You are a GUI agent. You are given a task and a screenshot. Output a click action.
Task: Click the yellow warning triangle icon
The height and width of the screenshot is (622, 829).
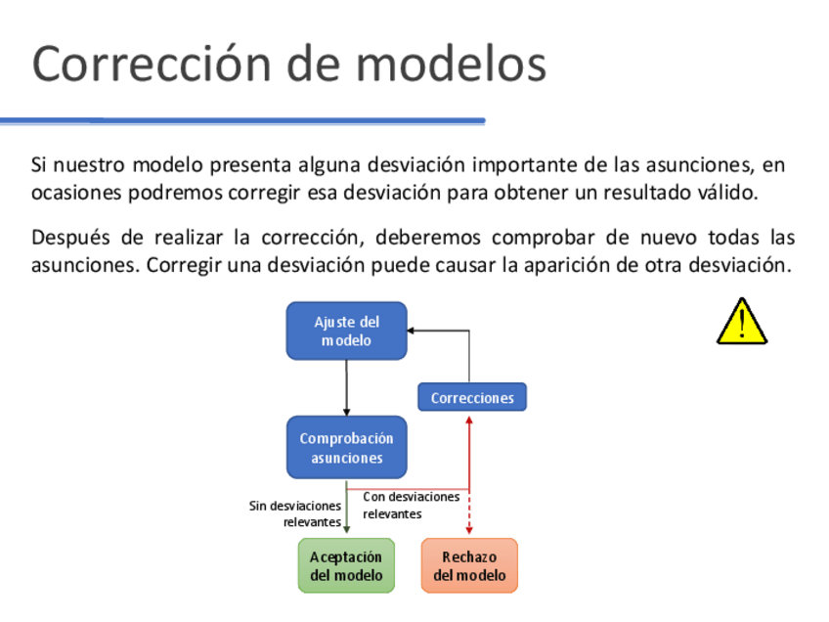click(741, 323)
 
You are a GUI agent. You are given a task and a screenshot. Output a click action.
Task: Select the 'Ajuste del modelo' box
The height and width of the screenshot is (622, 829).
click(346, 331)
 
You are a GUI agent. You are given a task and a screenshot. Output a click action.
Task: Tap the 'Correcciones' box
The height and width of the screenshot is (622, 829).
click(472, 397)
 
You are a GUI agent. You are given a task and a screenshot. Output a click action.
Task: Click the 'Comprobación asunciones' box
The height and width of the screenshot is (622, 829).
click(346, 448)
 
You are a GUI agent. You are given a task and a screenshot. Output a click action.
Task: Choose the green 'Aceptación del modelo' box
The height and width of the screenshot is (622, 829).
click(346, 565)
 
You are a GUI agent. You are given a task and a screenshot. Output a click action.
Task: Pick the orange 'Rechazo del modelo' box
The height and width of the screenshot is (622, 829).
click(469, 565)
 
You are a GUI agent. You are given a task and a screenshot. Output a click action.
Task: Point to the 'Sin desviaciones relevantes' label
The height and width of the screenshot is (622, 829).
click(295, 513)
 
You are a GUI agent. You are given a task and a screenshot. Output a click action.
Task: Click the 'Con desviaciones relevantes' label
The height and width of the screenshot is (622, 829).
click(411, 505)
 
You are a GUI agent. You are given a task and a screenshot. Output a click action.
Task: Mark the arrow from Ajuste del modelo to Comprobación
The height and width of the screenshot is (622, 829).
click(346, 387)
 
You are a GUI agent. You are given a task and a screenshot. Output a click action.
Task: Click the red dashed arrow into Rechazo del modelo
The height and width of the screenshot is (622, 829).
click(469, 513)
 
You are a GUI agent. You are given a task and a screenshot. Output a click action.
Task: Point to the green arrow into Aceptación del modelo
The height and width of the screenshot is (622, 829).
click(346, 509)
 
